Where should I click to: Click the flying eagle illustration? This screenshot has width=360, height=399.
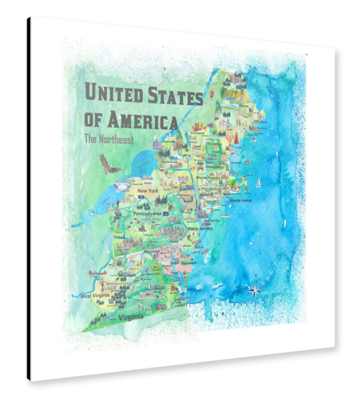[x=109, y=165]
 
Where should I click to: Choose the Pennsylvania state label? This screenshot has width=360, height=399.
[x=147, y=214]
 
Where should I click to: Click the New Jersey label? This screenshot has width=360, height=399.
[x=201, y=229]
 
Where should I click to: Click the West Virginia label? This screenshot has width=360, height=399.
[x=96, y=295]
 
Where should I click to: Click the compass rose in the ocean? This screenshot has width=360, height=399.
[x=254, y=289]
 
